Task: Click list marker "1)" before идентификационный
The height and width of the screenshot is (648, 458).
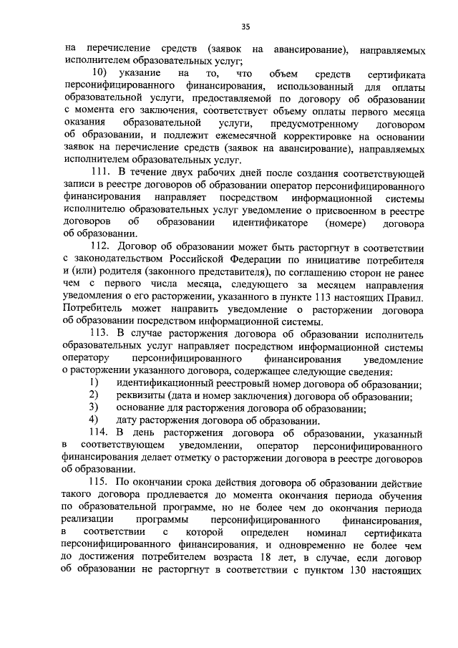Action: pyautogui.click(x=93, y=384)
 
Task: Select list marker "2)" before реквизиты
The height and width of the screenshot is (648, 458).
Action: pyautogui.click(x=93, y=396)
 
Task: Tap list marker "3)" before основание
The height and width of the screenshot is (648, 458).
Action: pyautogui.click(x=93, y=408)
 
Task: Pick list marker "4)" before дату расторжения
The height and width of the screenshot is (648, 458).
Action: pyautogui.click(x=93, y=420)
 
